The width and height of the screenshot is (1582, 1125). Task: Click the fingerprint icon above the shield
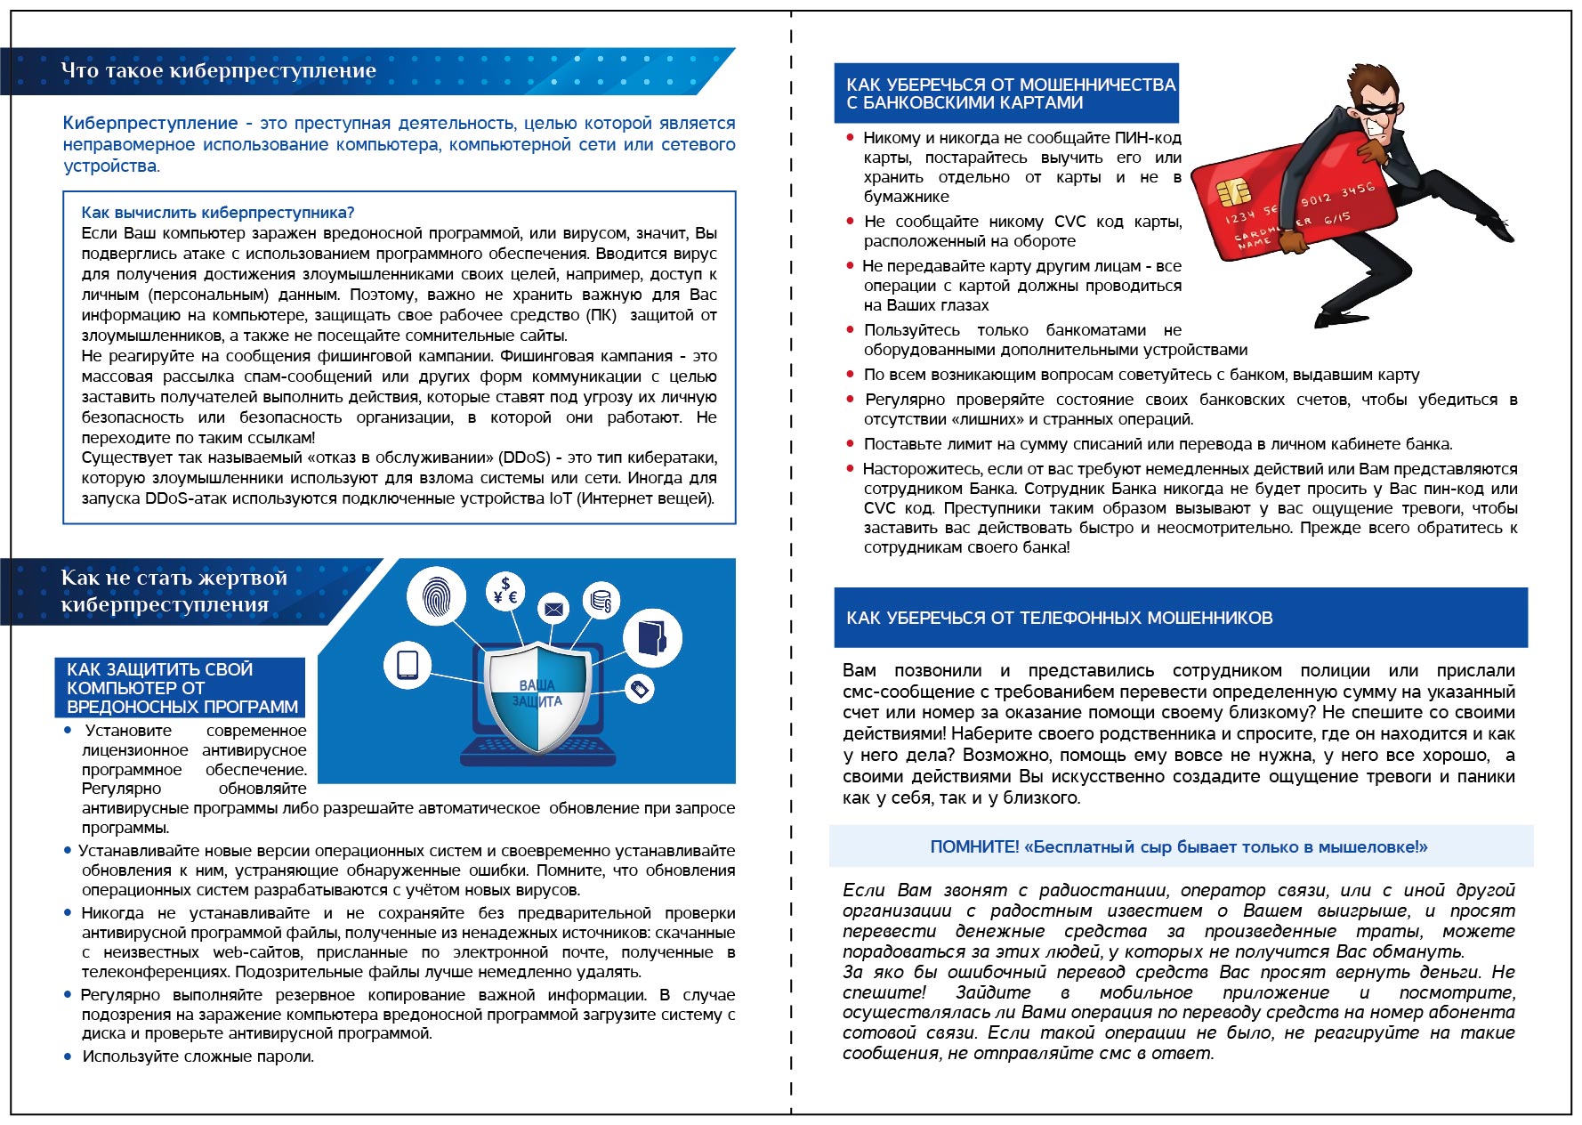[x=436, y=596]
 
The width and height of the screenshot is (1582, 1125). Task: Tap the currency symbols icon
[x=506, y=591]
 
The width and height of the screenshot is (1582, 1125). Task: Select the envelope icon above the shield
[x=553, y=609]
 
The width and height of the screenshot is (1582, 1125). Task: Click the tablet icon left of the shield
[x=408, y=665]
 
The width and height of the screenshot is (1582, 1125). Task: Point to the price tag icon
[x=639, y=688]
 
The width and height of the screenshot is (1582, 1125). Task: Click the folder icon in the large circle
[x=652, y=637]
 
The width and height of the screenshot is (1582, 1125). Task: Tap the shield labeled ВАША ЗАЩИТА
[x=537, y=695]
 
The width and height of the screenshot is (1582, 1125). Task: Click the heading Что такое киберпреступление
[x=218, y=71]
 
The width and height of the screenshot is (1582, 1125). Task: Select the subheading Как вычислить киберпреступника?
[x=218, y=213]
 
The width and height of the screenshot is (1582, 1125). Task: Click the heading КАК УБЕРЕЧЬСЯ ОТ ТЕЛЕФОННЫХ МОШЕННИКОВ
[x=1059, y=618]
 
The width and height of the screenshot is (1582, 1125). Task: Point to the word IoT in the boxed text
[x=561, y=498]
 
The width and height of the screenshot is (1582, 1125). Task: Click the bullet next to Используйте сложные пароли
[x=68, y=1056]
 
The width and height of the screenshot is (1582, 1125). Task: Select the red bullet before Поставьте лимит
[x=850, y=443]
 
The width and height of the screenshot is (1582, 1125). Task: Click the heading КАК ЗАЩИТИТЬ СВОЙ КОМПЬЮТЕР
[x=181, y=687]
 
